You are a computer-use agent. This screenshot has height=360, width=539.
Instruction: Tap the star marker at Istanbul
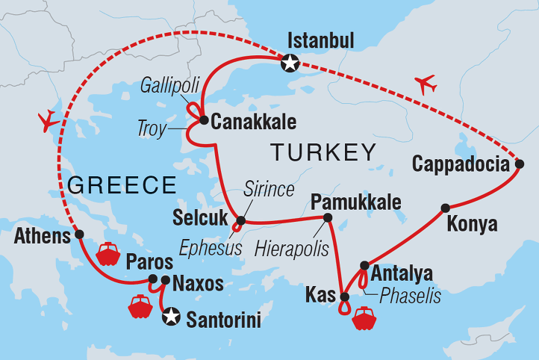coord(288,64)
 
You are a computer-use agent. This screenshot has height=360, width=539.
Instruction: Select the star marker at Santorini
coord(171,316)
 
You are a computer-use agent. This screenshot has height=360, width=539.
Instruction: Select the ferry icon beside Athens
coord(108,254)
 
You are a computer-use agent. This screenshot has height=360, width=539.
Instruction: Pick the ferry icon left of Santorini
coord(140,306)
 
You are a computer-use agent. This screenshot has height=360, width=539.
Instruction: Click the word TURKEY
coord(323,152)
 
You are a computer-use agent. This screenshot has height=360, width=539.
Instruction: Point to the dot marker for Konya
coord(445,208)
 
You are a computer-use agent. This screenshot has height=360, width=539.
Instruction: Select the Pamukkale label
coord(356,202)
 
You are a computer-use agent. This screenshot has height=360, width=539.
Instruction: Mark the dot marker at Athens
coord(79,235)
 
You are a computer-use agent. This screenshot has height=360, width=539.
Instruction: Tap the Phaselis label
coord(410,296)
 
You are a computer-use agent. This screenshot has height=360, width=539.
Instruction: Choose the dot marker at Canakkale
coord(203,118)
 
